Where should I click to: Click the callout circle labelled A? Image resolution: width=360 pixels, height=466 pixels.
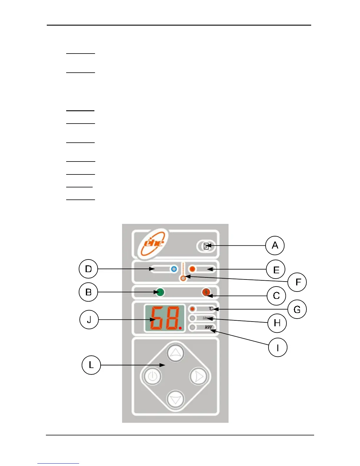275,245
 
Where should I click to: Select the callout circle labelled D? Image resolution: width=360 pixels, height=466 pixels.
88,269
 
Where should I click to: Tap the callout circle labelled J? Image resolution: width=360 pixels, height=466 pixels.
89,319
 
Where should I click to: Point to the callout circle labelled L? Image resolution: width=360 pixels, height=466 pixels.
91,365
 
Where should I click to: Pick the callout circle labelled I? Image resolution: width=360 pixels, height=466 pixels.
278,347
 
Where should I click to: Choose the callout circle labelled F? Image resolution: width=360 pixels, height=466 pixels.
297,282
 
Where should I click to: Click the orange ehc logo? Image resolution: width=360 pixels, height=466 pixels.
153,244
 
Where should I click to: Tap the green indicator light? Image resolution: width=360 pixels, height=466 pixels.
160,292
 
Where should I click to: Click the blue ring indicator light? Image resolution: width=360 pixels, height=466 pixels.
174,269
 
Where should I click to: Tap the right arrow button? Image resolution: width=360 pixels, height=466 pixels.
199,376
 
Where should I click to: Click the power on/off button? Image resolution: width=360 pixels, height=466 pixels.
152,376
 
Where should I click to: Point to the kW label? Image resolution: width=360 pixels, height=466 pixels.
209,327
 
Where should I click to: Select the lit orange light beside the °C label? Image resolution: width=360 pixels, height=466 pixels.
193,309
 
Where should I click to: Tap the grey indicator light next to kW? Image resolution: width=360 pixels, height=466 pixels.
193,327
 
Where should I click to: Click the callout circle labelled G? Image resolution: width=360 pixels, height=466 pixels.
297,309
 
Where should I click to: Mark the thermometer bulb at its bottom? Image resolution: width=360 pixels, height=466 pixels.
183,278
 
